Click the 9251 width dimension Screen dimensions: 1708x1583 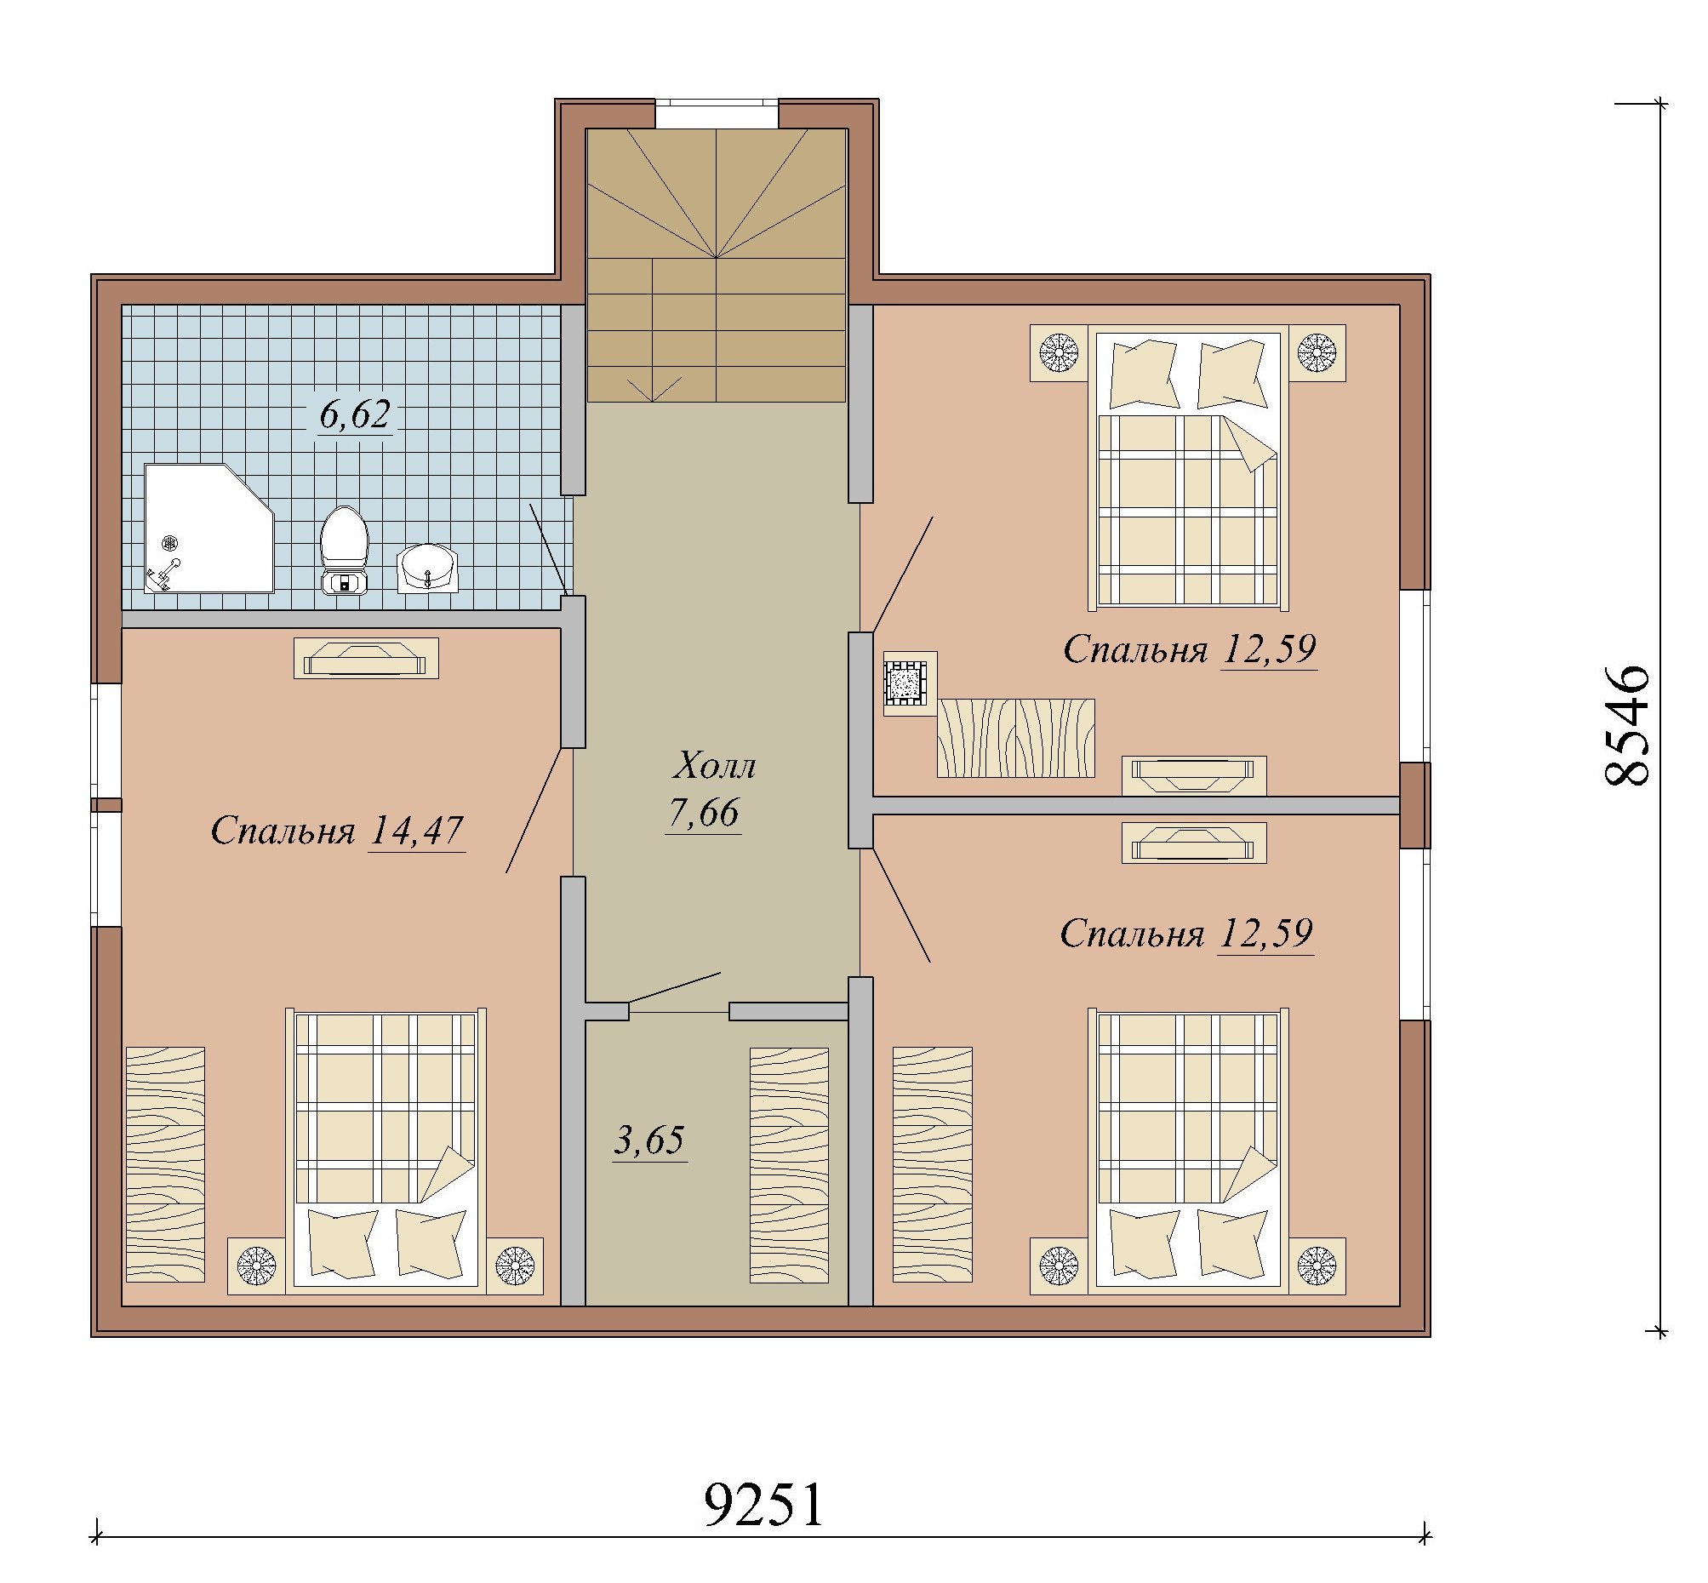click(x=763, y=1503)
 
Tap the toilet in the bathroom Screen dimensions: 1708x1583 click(x=345, y=550)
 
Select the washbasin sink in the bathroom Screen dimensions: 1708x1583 click(x=427, y=569)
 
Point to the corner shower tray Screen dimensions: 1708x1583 click(x=209, y=529)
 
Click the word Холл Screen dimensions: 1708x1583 click(x=713, y=765)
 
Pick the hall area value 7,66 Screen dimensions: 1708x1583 click(x=703, y=812)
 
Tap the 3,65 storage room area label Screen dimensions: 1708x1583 click(x=649, y=1140)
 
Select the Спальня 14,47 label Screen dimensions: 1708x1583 click(x=337, y=830)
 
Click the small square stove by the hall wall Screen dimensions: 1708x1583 click(x=910, y=683)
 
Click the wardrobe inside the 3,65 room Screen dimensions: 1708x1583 click(x=789, y=1165)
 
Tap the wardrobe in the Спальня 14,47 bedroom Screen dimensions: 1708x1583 click(x=165, y=1164)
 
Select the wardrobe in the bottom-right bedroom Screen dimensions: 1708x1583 click(x=933, y=1164)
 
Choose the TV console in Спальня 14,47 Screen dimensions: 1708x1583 click(x=366, y=658)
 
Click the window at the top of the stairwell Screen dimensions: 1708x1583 click(x=717, y=115)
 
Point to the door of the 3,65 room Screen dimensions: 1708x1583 click(x=674, y=986)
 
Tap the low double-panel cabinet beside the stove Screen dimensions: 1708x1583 click(x=1016, y=738)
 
